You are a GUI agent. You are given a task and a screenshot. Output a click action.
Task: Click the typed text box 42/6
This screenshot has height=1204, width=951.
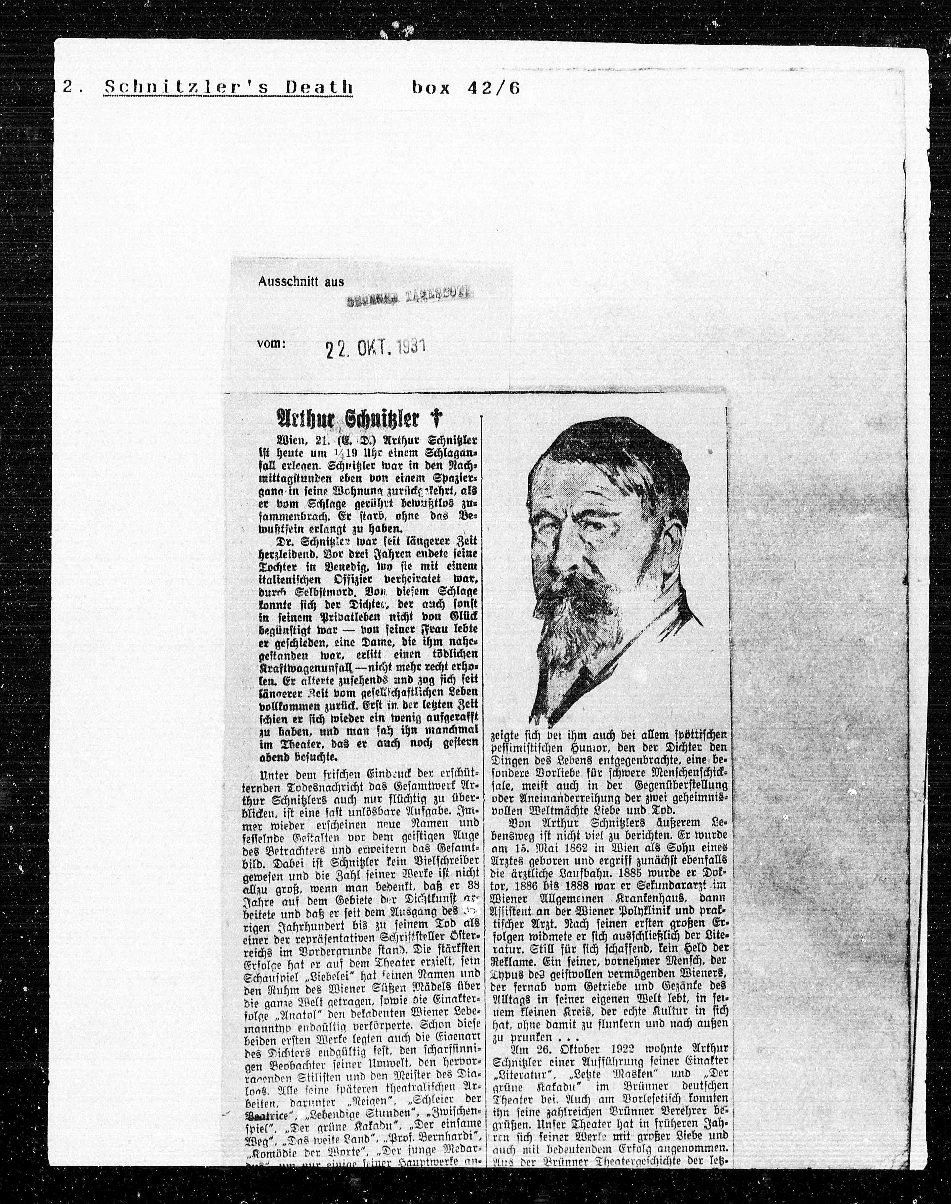(x=466, y=87)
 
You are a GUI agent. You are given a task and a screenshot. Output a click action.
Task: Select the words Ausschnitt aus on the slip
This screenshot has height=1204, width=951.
(x=301, y=282)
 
